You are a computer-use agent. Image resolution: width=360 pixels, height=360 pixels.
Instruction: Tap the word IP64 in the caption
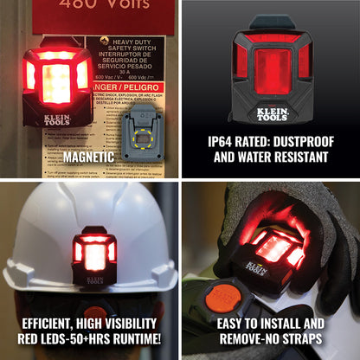point(223,141)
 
